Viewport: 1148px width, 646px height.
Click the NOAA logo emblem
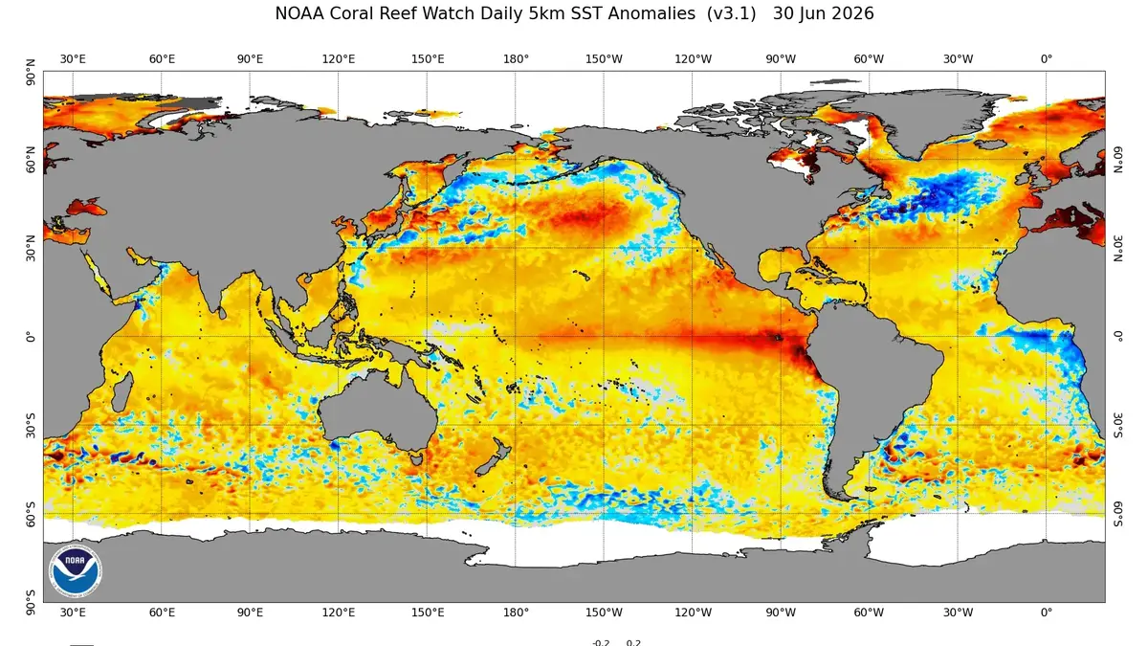(x=76, y=570)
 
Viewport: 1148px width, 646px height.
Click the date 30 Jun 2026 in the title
(x=823, y=13)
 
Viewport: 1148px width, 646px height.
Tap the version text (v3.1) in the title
(x=731, y=13)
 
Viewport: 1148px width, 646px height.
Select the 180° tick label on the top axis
(x=516, y=59)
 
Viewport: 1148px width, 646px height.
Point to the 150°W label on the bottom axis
(x=604, y=613)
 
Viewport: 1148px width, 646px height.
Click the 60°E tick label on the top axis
(x=162, y=59)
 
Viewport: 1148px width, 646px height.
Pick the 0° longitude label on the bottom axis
(x=1046, y=613)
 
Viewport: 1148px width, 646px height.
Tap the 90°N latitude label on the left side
(x=31, y=73)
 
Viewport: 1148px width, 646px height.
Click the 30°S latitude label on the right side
(x=1117, y=426)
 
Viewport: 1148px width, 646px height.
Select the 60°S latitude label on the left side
(x=31, y=514)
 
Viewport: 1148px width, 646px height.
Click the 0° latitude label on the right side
(x=1117, y=337)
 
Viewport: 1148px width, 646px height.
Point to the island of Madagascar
(x=122, y=392)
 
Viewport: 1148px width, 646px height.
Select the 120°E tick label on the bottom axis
(x=339, y=613)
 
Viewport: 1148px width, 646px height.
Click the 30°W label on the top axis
(x=958, y=59)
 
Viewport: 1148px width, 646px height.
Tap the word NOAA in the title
(x=299, y=13)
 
